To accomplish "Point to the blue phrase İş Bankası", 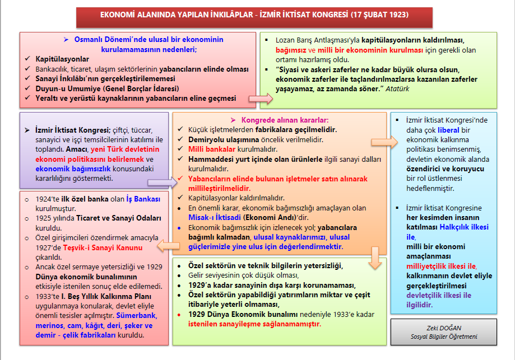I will click(x=143, y=199).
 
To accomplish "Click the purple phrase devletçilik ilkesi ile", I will click(x=439, y=295).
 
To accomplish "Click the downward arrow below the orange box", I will click(x=377, y=261).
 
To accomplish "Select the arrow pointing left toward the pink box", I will click(x=169, y=245).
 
